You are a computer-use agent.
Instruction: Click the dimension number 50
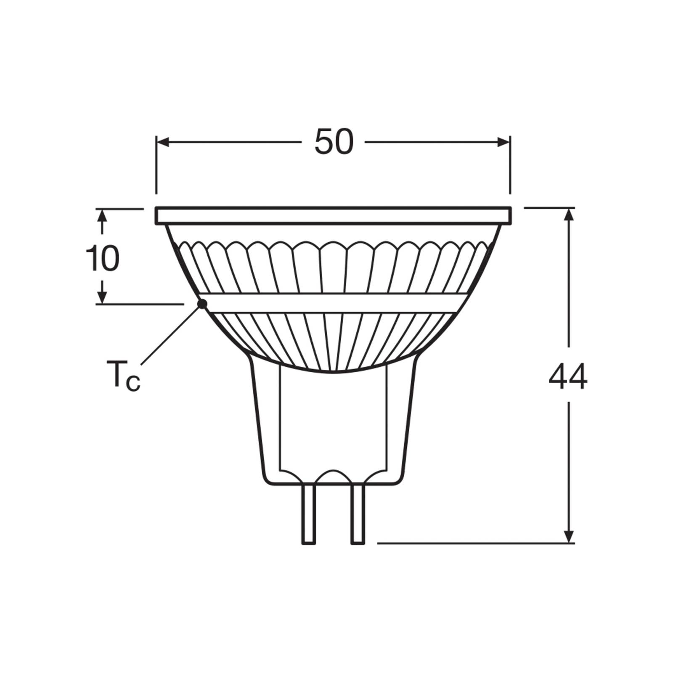coord(334,142)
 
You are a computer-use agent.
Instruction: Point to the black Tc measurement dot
coord(202,303)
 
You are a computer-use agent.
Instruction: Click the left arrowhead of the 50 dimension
coord(162,143)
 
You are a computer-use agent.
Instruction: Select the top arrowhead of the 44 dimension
coord(569,215)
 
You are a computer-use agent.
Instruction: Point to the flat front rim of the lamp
coord(334,215)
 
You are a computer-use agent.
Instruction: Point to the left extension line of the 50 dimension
coord(156,168)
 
